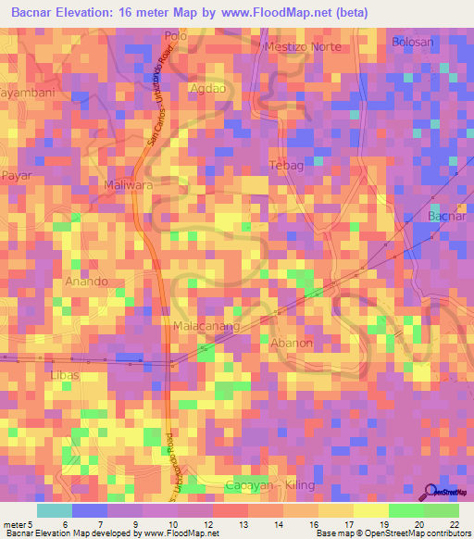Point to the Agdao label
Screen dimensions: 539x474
(206, 89)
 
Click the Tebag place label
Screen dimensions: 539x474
(284, 165)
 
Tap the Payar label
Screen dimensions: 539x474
(17, 175)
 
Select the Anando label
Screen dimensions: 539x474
(87, 281)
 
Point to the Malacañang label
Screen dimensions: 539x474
(206, 326)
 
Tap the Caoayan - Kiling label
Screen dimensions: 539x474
(271, 485)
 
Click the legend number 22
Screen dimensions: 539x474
(454, 523)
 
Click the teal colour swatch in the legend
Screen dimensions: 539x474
(54, 510)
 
